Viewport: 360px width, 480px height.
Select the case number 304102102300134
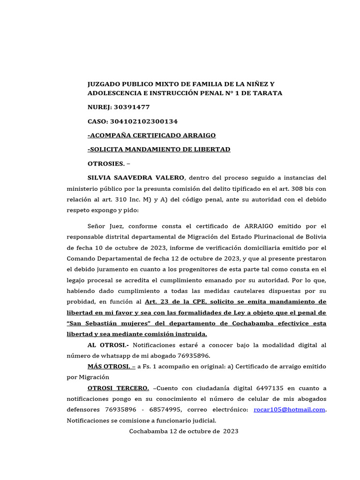pos(143,121)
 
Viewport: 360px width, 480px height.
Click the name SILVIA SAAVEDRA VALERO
pos(136,178)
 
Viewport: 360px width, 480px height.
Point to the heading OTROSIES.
pos(106,164)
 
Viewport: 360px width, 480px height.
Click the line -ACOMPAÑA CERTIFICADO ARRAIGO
pos(151,135)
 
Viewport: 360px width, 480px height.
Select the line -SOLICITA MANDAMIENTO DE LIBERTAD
pos(159,150)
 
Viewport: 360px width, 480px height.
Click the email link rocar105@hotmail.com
pos(289,410)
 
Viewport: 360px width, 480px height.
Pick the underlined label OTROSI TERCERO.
pos(118,388)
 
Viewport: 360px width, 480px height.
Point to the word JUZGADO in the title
pos(104,84)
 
